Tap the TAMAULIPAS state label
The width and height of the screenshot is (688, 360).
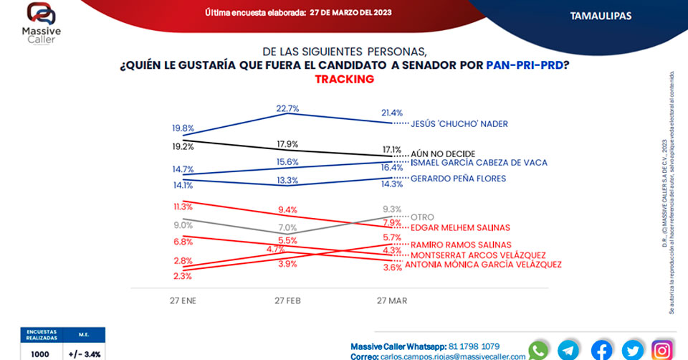601,15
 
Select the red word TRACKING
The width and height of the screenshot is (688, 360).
344,79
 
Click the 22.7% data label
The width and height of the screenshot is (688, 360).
287,108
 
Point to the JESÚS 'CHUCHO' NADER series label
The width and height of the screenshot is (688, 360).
459,123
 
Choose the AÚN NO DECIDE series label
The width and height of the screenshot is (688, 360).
442,153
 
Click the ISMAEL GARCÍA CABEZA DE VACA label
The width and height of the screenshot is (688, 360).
479,163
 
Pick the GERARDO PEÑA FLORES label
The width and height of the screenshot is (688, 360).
458,178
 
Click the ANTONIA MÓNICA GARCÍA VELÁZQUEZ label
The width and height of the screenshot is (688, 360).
483,265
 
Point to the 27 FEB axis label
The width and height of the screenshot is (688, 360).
287,300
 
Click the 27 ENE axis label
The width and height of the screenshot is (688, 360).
183,300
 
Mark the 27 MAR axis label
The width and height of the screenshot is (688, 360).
391,300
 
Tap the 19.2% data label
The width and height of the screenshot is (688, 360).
183,146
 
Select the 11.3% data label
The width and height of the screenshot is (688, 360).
183,207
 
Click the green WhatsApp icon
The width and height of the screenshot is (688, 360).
537,350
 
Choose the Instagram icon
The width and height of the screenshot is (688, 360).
663,350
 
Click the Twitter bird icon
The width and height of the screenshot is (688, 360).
632,350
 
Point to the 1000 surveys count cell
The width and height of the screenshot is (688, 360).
39,354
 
